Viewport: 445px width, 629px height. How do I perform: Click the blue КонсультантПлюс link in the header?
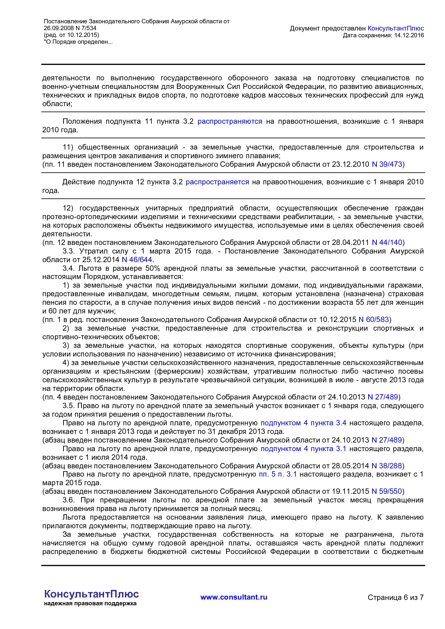point(396,28)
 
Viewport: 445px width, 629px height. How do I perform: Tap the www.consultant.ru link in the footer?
point(234,597)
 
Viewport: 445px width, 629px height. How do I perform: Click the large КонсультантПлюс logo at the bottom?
point(92,594)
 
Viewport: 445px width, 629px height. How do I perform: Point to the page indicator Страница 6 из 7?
point(395,597)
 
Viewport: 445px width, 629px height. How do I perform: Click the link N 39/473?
point(387,164)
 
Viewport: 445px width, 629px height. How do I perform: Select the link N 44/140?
point(387,242)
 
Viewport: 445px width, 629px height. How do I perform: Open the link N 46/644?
point(137,260)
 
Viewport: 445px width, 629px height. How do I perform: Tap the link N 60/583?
point(374,320)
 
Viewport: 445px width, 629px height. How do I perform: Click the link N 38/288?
point(387,466)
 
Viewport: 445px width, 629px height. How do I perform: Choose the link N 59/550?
point(387,491)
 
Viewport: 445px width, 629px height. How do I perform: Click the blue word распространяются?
point(230,121)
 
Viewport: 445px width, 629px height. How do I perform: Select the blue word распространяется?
point(217,182)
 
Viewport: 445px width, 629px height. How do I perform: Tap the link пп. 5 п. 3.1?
point(278,474)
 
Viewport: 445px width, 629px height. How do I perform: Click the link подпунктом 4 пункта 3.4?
point(303,423)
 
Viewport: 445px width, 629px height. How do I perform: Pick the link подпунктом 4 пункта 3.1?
point(303,449)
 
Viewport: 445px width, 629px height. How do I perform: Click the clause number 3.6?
point(69,500)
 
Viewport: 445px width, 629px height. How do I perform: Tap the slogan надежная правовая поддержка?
point(90,604)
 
